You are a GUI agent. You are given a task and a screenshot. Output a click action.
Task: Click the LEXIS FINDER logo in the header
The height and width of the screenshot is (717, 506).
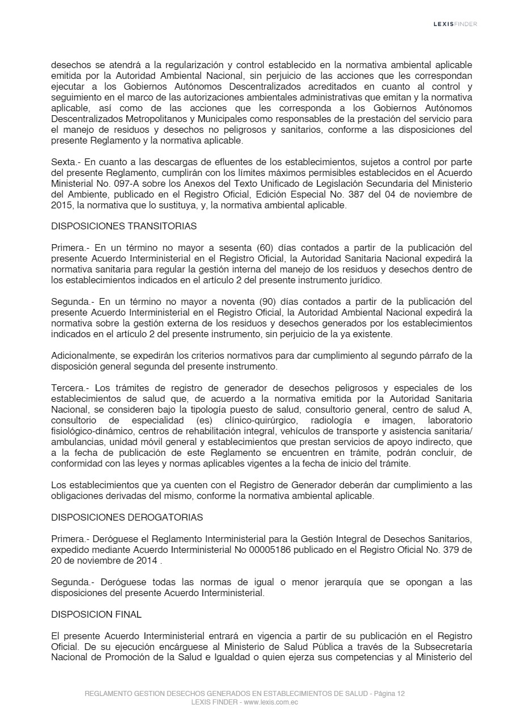point(455,24)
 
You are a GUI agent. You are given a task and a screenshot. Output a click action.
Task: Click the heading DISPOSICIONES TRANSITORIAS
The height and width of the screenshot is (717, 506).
point(124,226)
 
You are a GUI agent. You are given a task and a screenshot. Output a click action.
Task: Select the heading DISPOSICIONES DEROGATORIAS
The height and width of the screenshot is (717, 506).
point(126,517)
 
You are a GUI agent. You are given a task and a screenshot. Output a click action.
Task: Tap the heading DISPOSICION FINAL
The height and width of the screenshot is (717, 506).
point(96,614)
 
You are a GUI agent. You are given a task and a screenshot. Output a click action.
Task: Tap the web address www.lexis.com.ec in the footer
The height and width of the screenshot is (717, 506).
point(271,702)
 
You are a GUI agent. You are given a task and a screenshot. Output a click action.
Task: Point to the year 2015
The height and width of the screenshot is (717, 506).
point(61,205)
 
